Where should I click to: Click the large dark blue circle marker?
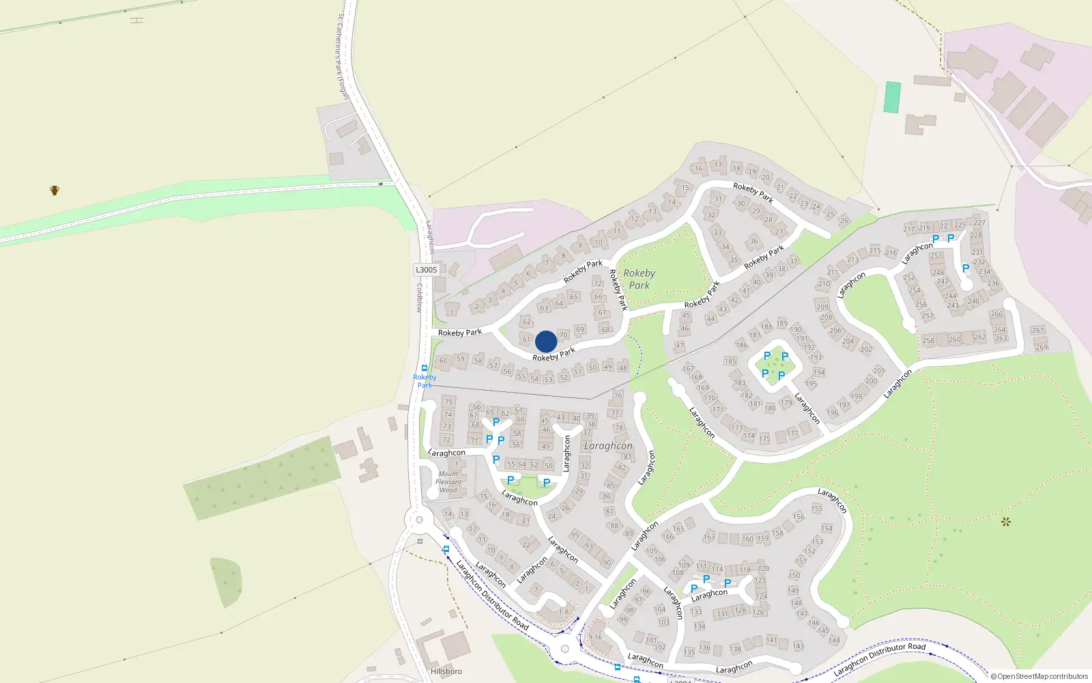tap(546, 341)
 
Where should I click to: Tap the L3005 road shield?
tap(426, 270)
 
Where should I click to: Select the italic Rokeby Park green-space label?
tap(640, 279)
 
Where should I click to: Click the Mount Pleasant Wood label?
tap(448, 482)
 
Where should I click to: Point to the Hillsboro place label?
tap(446, 671)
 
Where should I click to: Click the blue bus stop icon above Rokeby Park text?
tap(425, 367)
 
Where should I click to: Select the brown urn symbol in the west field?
tap(55, 190)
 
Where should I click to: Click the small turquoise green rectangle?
tap(892, 97)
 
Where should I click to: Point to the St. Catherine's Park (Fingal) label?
tap(343, 56)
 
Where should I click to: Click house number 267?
tap(1038, 330)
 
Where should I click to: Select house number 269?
tap(1041, 347)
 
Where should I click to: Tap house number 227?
tap(979, 223)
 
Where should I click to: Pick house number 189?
tap(782, 323)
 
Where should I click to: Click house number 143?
tap(799, 646)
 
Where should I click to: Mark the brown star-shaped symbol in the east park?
tap(1005, 522)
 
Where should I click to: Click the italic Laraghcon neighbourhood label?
tap(608, 446)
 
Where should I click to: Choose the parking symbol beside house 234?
tap(965, 268)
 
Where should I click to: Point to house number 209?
tap(822, 307)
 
